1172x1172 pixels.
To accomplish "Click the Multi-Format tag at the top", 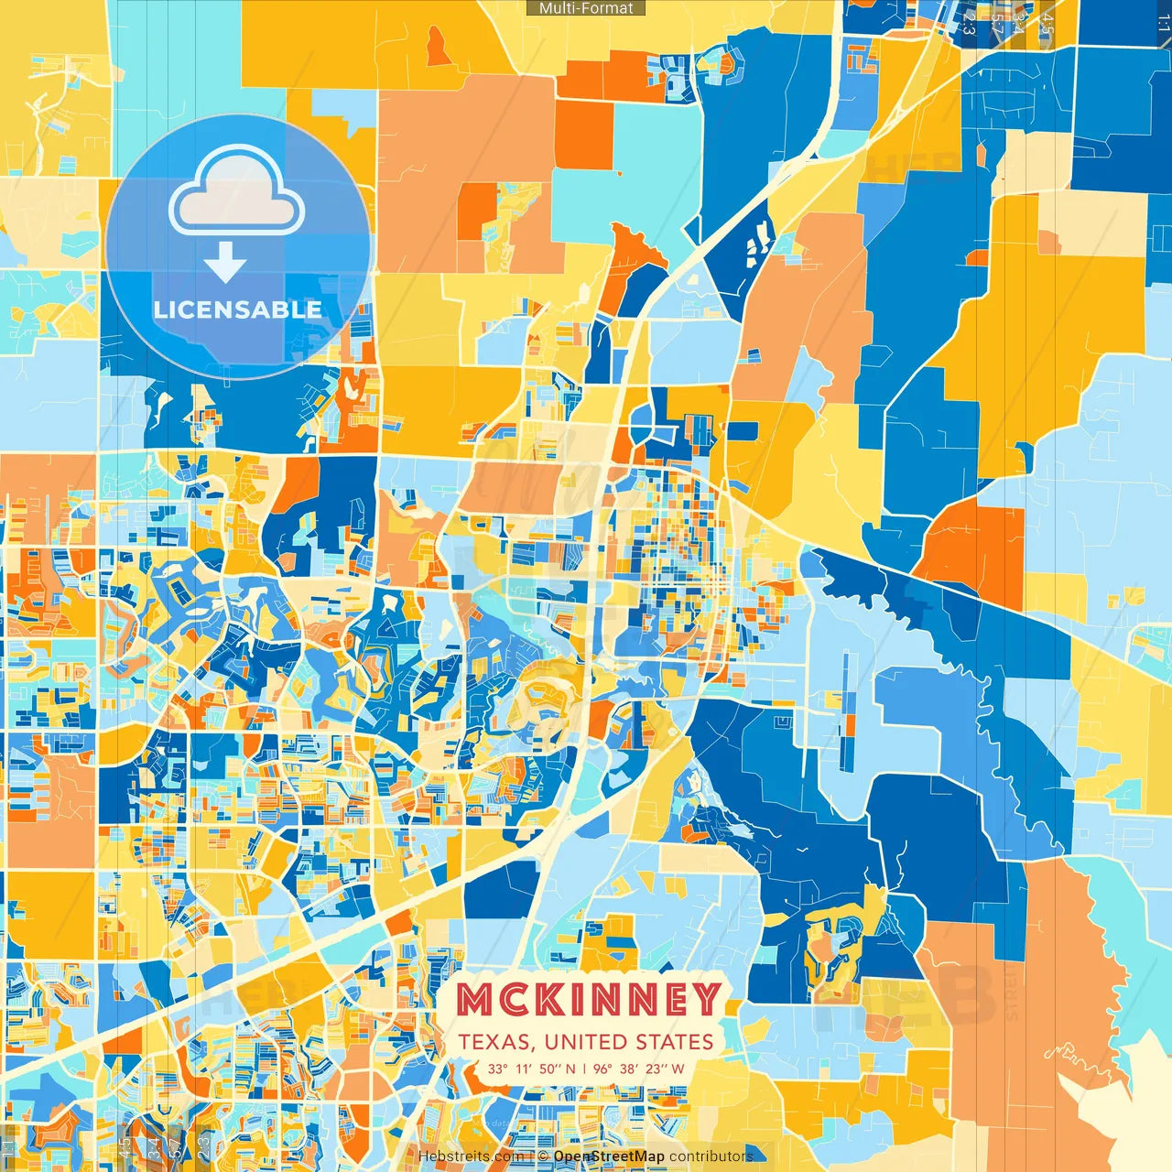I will click(x=586, y=8).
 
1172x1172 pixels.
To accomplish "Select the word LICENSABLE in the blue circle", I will click(x=238, y=309).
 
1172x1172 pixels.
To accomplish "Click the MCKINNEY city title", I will click(x=589, y=1000).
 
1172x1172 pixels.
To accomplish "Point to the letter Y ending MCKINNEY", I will click(x=704, y=1000).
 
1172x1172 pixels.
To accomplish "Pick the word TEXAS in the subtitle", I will click(x=496, y=1042).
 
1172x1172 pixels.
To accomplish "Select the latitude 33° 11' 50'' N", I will click(x=532, y=1069).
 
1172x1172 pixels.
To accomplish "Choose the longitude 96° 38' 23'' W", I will click(x=638, y=1069).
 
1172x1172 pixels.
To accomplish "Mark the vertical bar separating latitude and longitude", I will click(x=584, y=1069).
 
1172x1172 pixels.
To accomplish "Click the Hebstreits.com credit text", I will click(x=471, y=1156).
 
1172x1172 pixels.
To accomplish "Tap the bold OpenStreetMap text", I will click(x=609, y=1156).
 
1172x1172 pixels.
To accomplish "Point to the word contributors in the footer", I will click(x=711, y=1156).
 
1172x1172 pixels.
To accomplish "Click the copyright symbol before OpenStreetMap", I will click(x=543, y=1156).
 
